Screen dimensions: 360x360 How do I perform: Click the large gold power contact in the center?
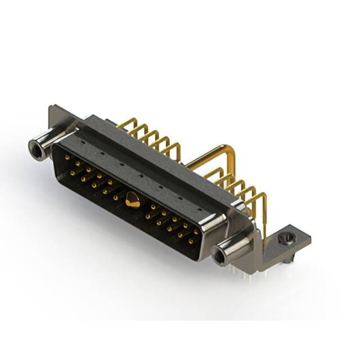click(x=133, y=200)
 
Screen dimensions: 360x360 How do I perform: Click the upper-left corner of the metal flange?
click(x=52, y=107)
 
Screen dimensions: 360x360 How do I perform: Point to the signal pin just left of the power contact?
click(x=116, y=197)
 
